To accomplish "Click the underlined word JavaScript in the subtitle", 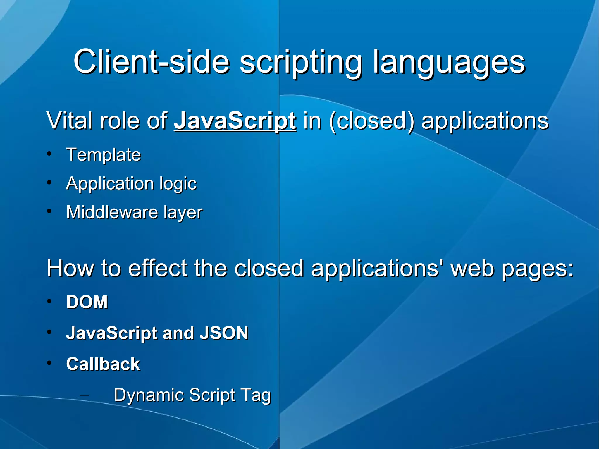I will click(x=235, y=121).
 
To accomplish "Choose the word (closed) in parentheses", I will click(x=371, y=121).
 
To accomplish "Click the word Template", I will click(x=104, y=155).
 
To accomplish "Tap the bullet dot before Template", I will click(x=49, y=154).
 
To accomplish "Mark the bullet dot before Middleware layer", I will click(x=49, y=211).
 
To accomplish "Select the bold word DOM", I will click(x=87, y=302).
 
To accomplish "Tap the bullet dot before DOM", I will click(x=49, y=301).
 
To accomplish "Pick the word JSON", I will click(x=224, y=333).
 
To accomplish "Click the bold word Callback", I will click(x=103, y=364).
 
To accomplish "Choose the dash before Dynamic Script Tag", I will click(x=84, y=395).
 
